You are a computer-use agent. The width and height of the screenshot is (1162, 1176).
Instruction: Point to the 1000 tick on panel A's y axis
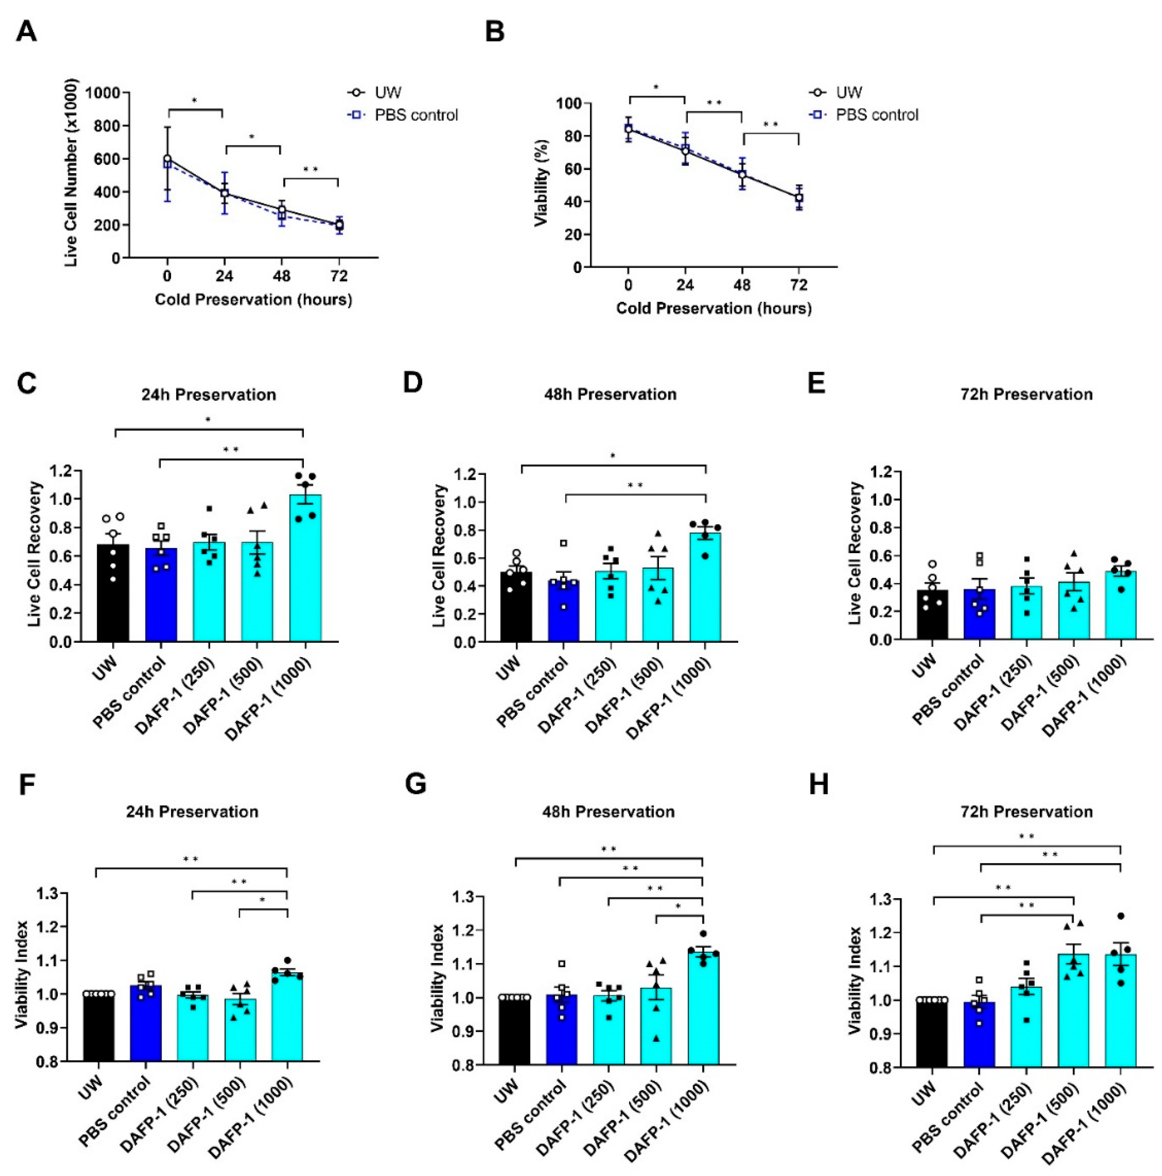(102, 93)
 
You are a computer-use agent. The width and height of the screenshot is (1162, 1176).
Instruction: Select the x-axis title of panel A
(253, 300)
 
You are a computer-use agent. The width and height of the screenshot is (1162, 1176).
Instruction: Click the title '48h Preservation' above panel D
(610, 394)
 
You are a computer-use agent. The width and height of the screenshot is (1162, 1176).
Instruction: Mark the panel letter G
(415, 785)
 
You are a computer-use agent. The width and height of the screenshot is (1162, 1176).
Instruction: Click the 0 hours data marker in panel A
(167, 159)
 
